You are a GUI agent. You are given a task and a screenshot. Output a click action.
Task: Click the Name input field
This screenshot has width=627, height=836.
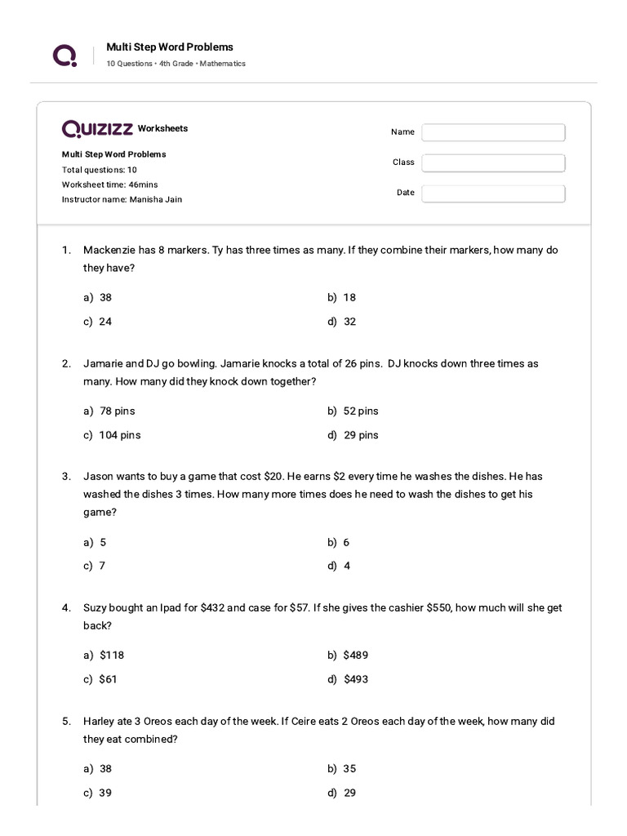[493, 132]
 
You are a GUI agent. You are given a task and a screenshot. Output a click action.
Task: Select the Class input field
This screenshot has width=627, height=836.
[493, 162]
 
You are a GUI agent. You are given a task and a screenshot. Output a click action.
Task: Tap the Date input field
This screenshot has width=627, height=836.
[493, 193]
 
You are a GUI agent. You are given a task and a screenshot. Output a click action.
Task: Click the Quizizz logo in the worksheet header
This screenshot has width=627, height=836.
[97, 129]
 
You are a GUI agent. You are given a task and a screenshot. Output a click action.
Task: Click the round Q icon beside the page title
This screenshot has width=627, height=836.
[65, 55]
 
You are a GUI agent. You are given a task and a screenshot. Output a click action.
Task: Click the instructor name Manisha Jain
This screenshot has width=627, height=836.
[155, 199]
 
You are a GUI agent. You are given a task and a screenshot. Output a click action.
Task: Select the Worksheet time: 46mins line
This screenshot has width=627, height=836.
[110, 185]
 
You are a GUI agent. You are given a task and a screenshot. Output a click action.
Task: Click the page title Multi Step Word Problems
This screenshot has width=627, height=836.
[170, 47]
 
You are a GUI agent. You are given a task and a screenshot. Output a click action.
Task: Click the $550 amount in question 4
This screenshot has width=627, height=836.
[439, 607]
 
